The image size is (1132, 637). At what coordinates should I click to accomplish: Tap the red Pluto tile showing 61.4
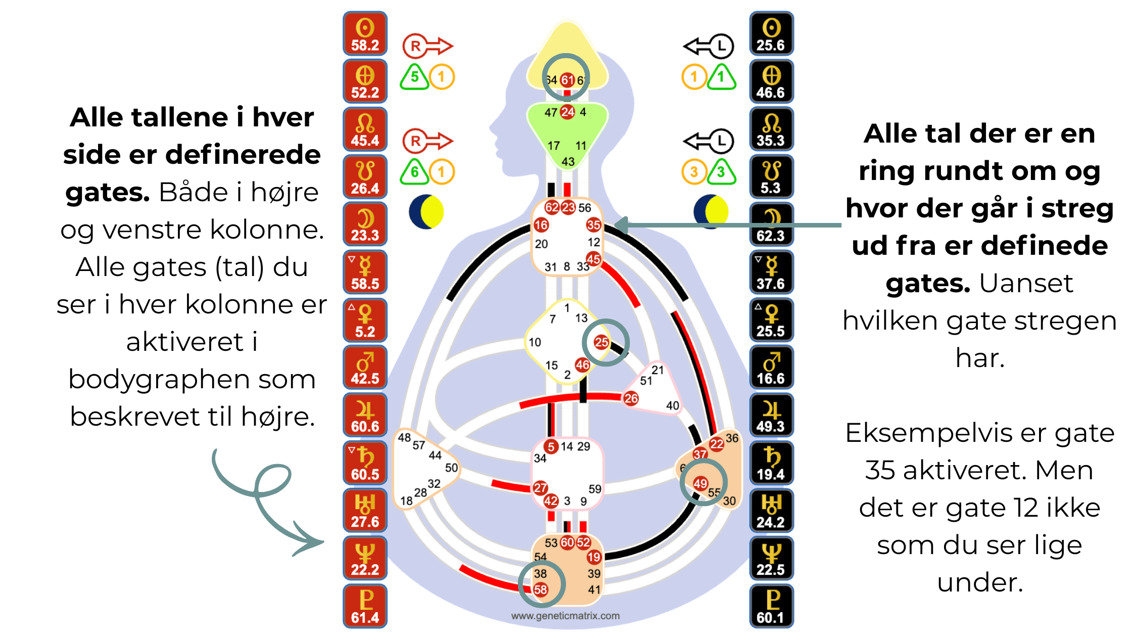coord(365,606)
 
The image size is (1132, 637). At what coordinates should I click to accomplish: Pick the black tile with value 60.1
coord(771,606)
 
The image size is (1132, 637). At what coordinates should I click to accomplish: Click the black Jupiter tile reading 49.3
coord(771,415)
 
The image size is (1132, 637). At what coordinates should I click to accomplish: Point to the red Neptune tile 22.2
coord(365,558)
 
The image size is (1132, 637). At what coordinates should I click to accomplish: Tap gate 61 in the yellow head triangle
coord(568,80)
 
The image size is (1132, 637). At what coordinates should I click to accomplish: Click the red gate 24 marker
coord(568,112)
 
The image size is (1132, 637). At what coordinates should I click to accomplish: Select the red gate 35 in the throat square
coord(593,225)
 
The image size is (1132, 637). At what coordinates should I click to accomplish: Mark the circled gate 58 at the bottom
coord(541,589)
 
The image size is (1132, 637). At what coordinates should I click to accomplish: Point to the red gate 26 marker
coord(631,398)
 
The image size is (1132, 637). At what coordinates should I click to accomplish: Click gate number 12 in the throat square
coord(594,242)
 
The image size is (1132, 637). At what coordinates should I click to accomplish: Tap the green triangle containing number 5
coord(414,77)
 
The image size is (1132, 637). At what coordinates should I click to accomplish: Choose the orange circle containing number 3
coord(694,172)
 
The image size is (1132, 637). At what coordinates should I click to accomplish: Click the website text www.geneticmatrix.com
coord(565,616)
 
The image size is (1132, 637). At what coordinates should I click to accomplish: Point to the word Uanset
coord(1026,283)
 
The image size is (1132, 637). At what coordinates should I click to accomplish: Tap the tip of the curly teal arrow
coord(322,542)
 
